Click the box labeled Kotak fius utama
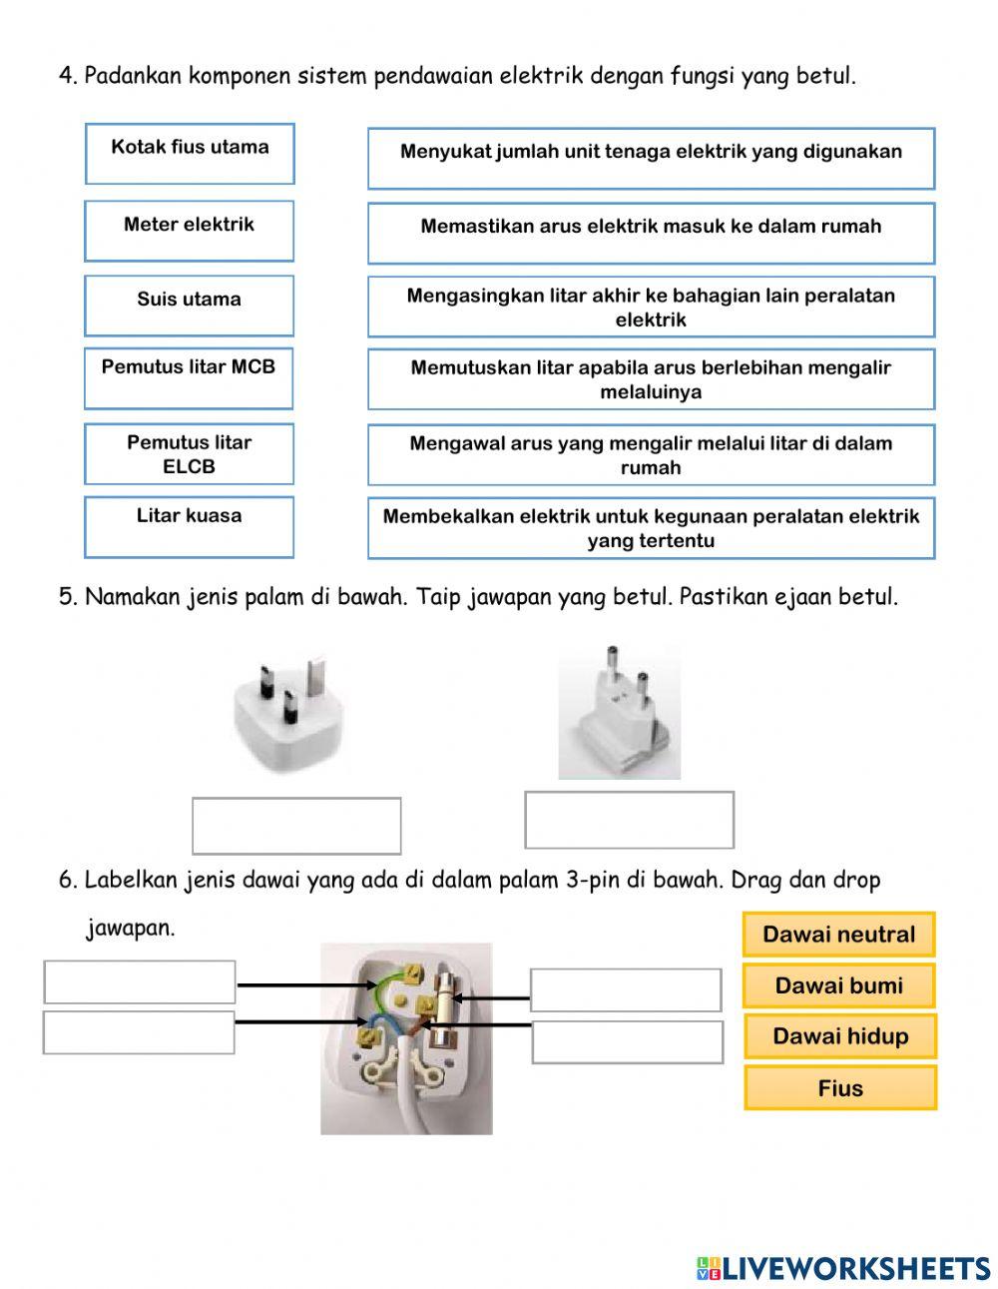point(190,154)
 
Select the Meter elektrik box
point(190,231)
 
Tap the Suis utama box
point(190,306)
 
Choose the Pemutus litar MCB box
point(189,378)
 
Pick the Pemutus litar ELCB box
point(189,454)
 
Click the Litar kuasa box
point(190,526)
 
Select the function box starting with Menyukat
point(651,158)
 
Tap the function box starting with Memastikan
point(651,233)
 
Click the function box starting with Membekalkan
point(651,528)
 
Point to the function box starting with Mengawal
point(651,455)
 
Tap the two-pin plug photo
point(619,712)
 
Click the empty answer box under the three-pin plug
point(296,826)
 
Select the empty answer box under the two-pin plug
point(629,820)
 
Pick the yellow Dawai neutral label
point(838,935)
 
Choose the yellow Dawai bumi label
point(838,985)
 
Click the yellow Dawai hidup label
point(840,1036)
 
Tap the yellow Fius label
point(840,1088)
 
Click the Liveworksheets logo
point(843,1268)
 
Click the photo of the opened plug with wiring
point(406,1038)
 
